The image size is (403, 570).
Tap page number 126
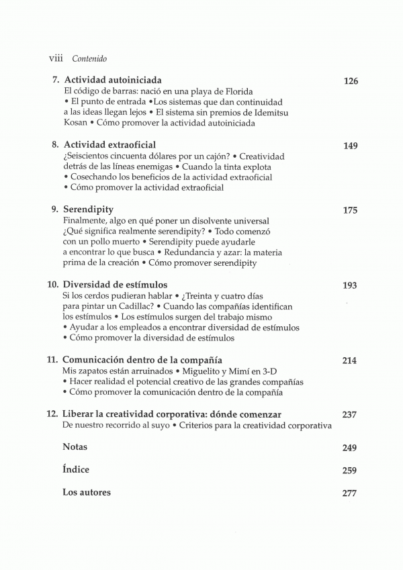click(x=350, y=81)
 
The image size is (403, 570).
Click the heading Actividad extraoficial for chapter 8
click(x=109, y=145)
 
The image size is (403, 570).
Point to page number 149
click(x=350, y=146)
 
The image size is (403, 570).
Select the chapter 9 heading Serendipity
click(x=88, y=209)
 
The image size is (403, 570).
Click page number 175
click(x=350, y=210)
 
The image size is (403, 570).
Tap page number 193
click(x=349, y=285)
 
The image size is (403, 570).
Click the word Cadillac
click(x=139, y=306)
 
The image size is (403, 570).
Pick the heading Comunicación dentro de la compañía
click(x=142, y=360)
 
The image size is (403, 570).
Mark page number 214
click(x=349, y=361)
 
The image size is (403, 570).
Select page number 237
click(x=349, y=414)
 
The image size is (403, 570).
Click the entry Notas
click(x=75, y=446)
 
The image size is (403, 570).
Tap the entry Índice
click(x=76, y=469)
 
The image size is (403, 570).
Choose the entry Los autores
click(x=87, y=492)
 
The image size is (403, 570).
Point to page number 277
click(x=349, y=493)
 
